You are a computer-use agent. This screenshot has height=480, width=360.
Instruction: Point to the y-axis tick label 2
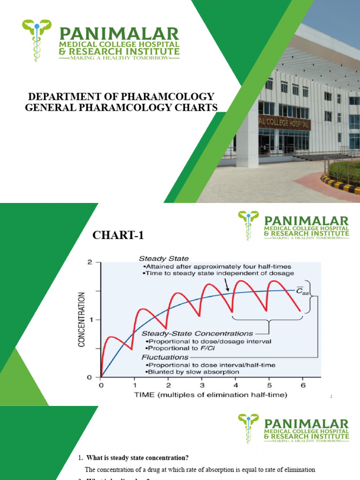[x=90, y=262]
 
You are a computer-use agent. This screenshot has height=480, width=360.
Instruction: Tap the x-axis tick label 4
[x=235, y=385]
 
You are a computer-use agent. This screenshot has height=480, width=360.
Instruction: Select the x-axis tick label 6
[x=302, y=385]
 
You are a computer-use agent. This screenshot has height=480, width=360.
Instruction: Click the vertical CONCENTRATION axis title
[x=82, y=320]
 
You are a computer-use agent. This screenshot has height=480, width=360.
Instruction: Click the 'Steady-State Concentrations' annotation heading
[x=197, y=333]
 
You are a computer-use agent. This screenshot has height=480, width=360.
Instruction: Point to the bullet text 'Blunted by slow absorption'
[x=192, y=372]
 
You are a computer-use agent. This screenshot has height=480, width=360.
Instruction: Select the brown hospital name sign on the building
[x=284, y=122]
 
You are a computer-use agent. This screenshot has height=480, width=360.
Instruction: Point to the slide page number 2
[x=331, y=397]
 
